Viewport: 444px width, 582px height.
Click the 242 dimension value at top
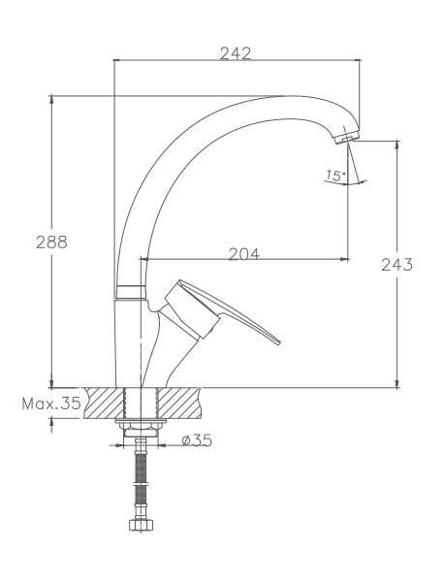point(236,53)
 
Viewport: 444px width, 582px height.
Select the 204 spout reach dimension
point(243,255)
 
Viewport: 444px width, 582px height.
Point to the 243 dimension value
point(397,264)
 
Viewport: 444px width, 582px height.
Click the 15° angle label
point(335,176)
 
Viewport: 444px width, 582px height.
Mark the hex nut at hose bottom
point(142,529)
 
